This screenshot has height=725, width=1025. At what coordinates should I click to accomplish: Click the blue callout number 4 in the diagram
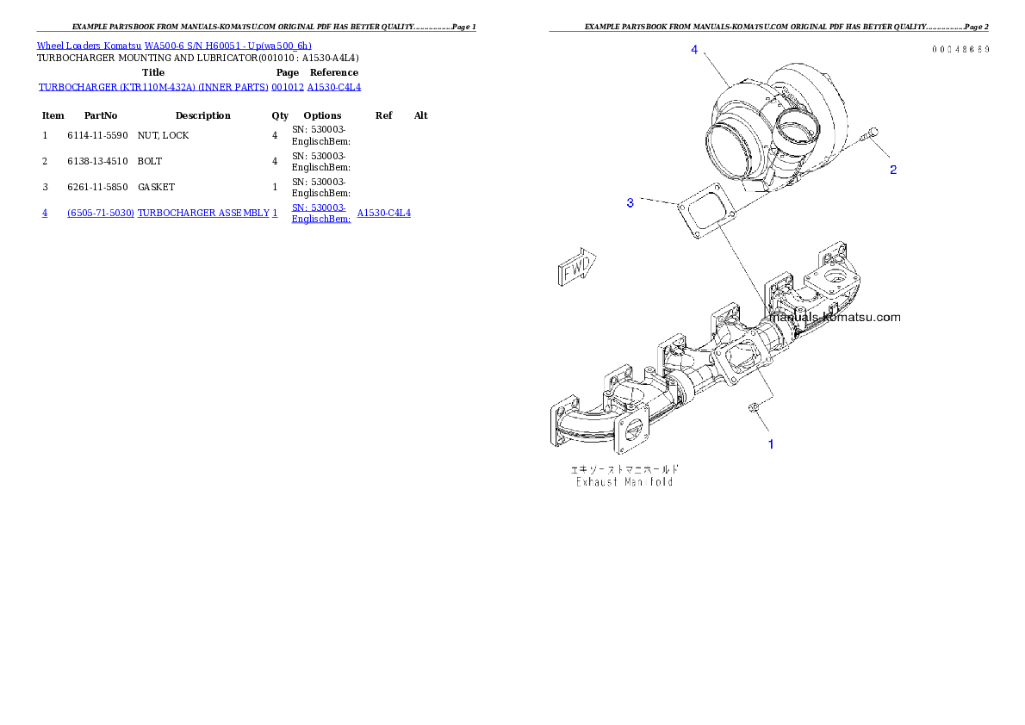pos(694,50)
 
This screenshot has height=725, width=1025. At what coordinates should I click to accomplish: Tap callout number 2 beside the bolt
pos(893,170)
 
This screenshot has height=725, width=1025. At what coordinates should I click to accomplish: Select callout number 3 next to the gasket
pos(631,202)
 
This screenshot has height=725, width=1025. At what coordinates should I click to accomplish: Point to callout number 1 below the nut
pos(771,444)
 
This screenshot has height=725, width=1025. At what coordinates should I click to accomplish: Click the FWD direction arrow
pos(576,270)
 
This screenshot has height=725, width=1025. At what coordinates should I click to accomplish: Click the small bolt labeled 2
pos(870,134)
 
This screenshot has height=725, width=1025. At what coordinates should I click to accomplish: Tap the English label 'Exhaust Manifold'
pos(624,482)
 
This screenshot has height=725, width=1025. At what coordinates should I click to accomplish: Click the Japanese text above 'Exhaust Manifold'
pos(624,469)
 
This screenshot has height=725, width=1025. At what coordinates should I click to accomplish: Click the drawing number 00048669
pos(960,49)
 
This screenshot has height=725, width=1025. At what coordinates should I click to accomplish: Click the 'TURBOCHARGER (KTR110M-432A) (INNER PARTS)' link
pos(154,87)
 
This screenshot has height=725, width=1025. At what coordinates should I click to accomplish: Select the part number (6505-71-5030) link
pos(101,213)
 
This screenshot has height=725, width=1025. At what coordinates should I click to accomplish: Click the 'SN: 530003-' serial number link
pos(319,208)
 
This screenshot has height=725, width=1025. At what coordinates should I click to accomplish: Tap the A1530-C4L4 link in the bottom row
pos(384,213)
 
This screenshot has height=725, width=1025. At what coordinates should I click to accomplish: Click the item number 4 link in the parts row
pos(45,213)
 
